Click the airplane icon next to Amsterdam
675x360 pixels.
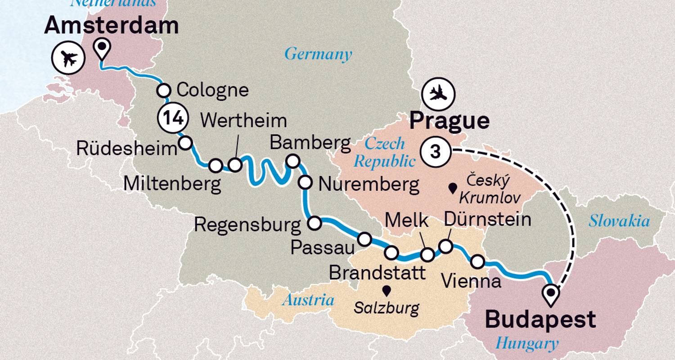[69, 58]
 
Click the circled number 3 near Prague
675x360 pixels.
[435, 152]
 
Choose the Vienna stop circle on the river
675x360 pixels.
[477, 261]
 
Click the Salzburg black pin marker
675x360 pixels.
[386, 290]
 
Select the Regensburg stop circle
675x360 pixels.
[314, 222]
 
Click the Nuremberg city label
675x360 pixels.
[368, 184]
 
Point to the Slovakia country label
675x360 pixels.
[619, 221]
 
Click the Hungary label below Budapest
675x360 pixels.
[527, 344]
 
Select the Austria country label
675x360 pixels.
[308, 300]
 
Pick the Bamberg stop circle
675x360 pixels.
[293, 161]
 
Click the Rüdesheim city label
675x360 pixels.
[126, 148]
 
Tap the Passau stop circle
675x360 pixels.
[364, 239]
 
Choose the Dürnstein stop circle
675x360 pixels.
[445, 246]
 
